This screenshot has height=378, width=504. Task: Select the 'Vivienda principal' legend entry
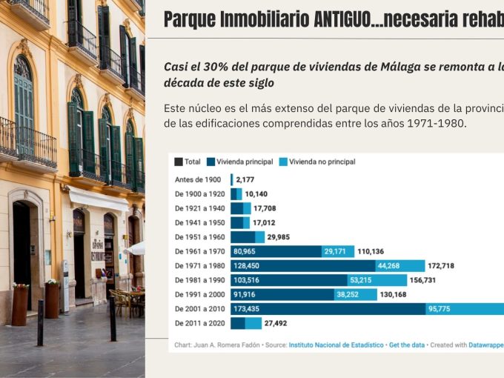coord(244,162)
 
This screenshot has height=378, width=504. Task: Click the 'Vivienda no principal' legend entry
coord(322,162)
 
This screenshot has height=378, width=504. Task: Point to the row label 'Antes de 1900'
coord(199,179)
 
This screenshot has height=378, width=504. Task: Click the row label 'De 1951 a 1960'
coord(199,237)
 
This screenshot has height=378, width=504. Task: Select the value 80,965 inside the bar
coord(248,251)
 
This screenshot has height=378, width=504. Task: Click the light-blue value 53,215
coord(360,280)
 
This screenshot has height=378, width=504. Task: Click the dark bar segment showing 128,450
coord(251,265)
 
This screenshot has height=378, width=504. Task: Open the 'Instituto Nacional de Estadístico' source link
coord(336,345)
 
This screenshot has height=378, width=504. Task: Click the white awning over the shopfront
coord(99,199)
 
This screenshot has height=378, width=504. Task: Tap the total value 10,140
coord(256,194)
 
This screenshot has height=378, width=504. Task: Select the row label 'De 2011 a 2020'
coord(199,324)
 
